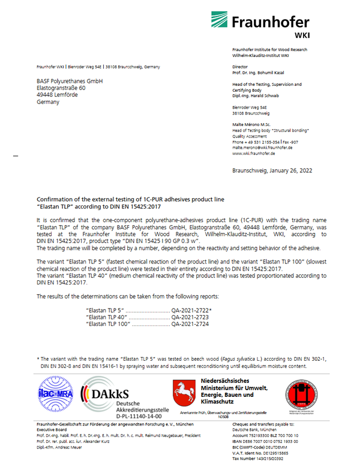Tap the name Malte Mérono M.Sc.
pyautogui.click(x=253, y=124)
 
